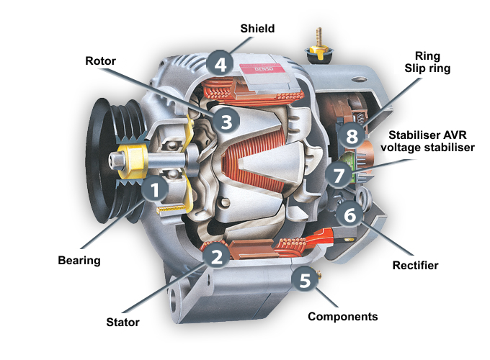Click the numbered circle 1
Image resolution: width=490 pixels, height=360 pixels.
click(x=155, y=190)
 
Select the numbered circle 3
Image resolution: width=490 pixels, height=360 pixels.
click(x=226, y=120)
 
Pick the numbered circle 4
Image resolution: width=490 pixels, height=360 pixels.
click(x=220, y=63)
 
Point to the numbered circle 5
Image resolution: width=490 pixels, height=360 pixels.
click(x=306, y=279)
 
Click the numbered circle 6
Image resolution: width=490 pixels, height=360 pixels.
click(x=350, y=214)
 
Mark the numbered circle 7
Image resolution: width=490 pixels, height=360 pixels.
click(x=337, y=174)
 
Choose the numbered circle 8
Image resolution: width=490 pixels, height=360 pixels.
click(x=352, y=136)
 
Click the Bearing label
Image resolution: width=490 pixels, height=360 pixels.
click(x=79, y=259)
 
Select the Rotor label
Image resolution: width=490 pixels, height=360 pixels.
click(x=101, y=60)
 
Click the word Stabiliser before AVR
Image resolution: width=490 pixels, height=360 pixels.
click(x=414, y=135)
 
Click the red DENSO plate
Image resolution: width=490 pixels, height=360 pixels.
click(x=263, y=68)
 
